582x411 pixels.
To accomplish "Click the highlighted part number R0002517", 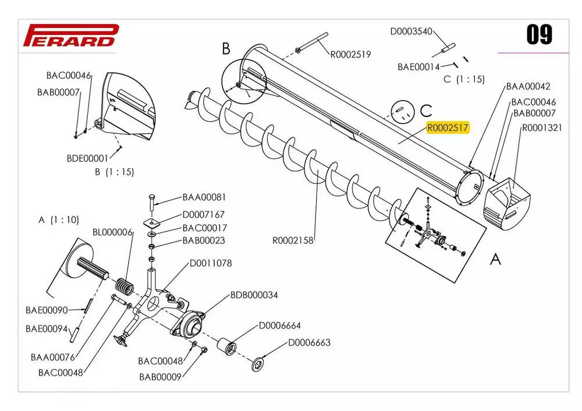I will click(448, 128).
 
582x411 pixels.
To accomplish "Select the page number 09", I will click(539, 36).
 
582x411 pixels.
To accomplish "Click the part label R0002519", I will click(350, 55).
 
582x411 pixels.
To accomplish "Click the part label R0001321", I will click(541, 128).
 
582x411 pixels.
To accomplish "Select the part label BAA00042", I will click(528, 86).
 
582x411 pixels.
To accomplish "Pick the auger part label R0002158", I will click(293, 240).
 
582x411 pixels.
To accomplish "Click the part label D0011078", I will click(211, 263).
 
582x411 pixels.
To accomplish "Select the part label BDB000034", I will click(254, 295).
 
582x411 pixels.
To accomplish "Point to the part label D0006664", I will click(280, 325).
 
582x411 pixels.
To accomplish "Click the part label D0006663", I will click(310, 342).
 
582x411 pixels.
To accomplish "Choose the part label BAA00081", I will click(204, 197).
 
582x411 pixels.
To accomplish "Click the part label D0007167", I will click(204, 215).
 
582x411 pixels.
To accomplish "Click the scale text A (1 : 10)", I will click(59, 220).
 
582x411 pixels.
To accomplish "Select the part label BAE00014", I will click(418, 67).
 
